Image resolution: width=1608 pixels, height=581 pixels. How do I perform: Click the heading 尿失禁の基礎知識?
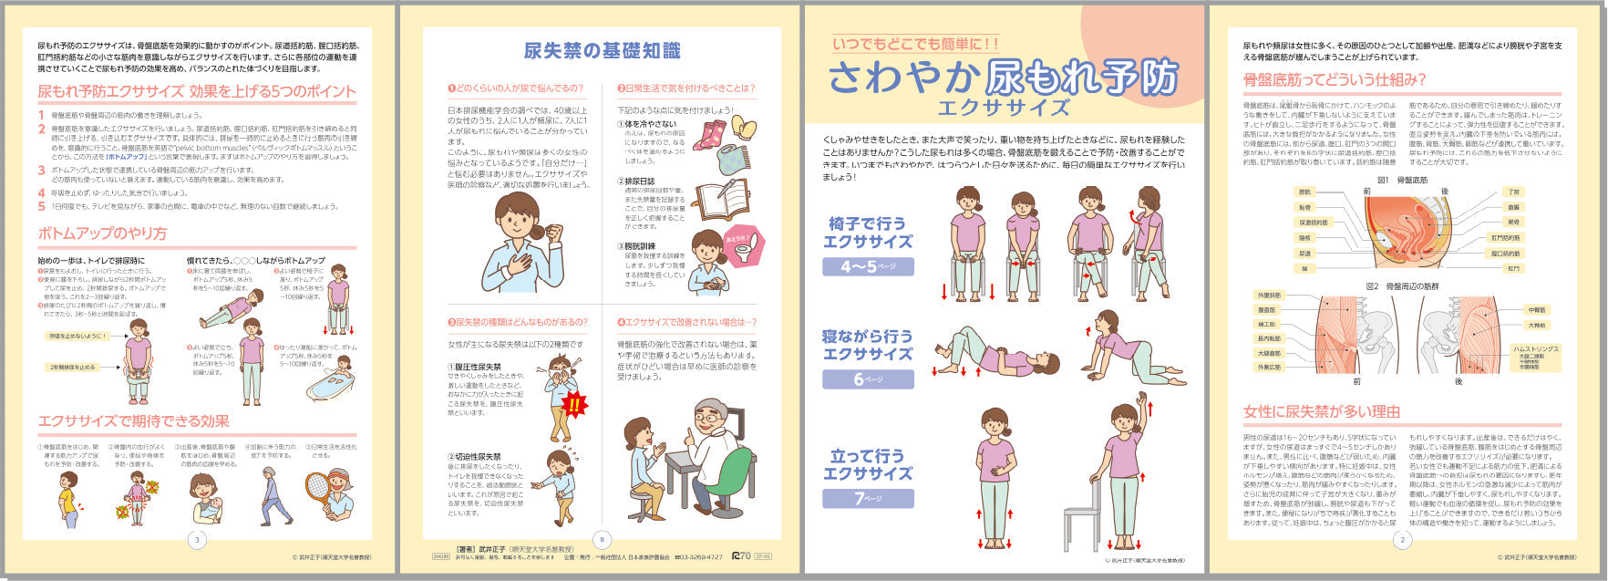pyautogui.click(x=602, y=51)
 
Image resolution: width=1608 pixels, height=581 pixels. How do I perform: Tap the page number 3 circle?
pyautogui.click(x=198, y=539)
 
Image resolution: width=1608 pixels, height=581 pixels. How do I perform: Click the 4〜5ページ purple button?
pyautogui.click(x=868, y=266)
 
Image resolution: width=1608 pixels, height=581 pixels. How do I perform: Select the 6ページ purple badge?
pyautogui.click(x=868, y=379)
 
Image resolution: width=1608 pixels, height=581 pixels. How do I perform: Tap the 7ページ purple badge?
pyautogui.click(x=868, y=498)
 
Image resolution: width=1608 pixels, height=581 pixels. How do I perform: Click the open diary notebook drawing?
pyautogui.click(x=723, y=199)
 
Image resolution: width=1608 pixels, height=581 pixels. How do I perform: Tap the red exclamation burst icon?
pyautogui.click(x=574, y=404)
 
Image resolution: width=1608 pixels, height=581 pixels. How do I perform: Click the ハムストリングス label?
pyautogui.click(x=1536, y=349)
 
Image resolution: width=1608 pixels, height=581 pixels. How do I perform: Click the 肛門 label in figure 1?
pyautogui.click(x=1513, y=268)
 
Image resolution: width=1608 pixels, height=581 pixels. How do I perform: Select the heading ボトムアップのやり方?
pyautogui.click(x=102, y=233)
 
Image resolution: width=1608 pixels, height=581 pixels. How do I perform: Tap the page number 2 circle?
pyautogui.click(x=1402, y=539)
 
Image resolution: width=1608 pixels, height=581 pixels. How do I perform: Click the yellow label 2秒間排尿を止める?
pyautogui.click(x=73, y=367)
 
